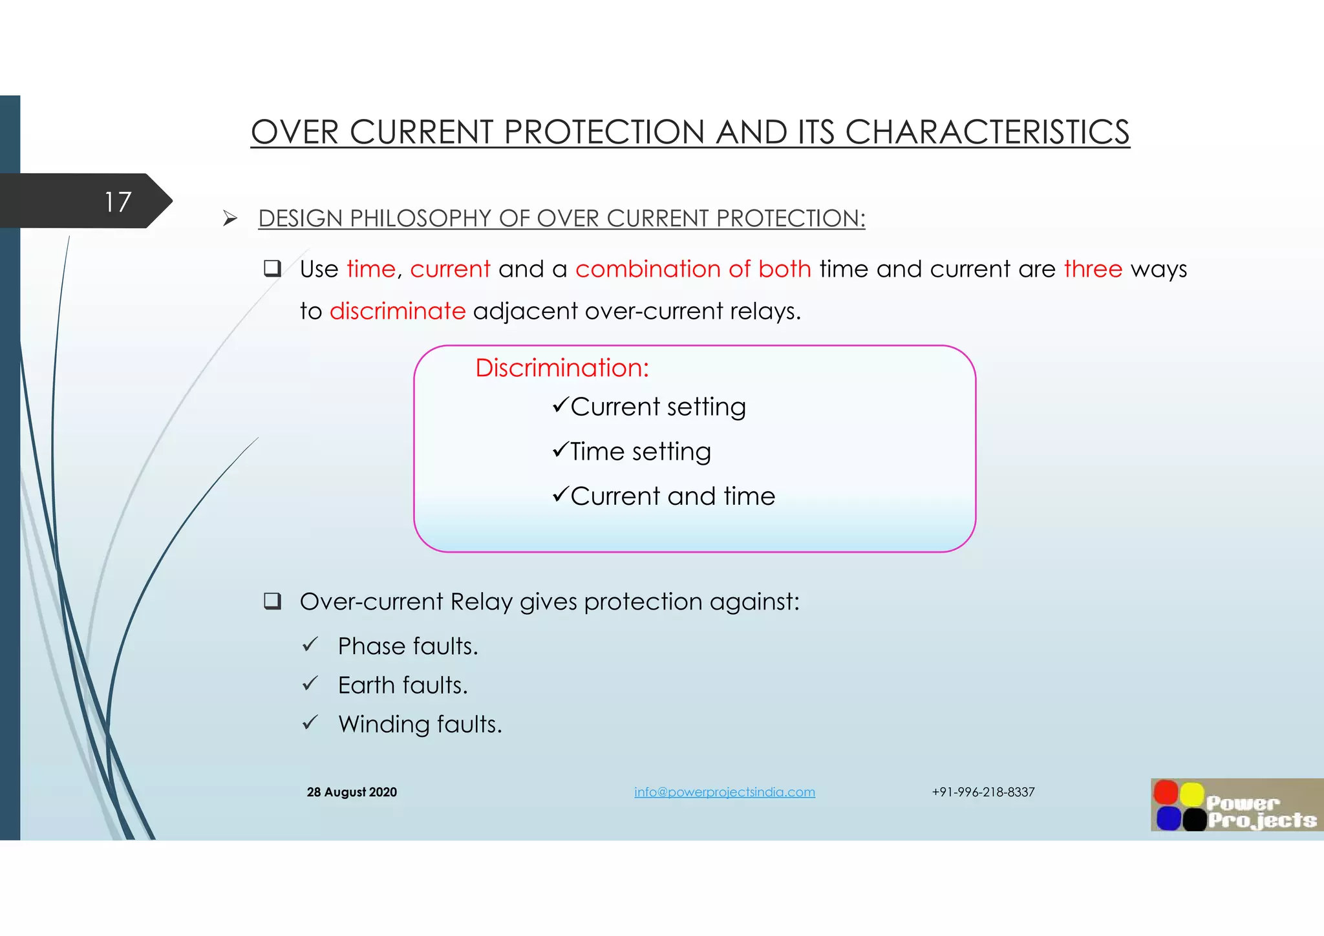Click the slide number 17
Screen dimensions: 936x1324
coord(118,202)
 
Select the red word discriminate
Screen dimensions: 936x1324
coord(397,312)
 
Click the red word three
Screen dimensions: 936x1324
coord(1093,269)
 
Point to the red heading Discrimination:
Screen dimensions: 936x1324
coord(562,368)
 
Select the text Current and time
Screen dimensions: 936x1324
coord(672,496)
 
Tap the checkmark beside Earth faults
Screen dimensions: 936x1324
coord(310,684)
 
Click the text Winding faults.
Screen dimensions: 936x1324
coord(420,725)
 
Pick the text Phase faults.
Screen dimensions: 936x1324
coord(407,646)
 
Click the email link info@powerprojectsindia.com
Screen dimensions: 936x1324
coord(724,792)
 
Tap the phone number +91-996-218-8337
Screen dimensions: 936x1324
coord(983,792)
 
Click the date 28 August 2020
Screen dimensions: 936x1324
coord(352,792)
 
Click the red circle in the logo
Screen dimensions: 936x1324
coord(1166,792)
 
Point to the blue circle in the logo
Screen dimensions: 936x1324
coord(1168,818)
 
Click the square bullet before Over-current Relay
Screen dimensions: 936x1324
coord(272,602)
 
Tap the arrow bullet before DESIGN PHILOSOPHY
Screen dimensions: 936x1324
coord(230,218)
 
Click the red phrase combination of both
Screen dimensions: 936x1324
coord(693,269)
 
